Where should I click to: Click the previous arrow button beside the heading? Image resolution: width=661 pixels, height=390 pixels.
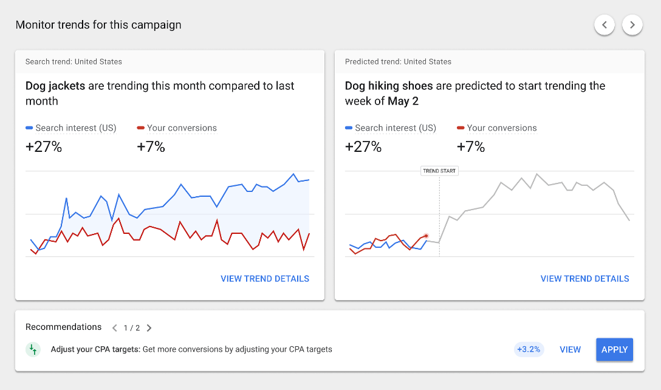[604, 25]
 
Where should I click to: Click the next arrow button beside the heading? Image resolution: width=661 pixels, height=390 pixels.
[632, 25]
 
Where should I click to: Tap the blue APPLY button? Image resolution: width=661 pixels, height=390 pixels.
[614, 349]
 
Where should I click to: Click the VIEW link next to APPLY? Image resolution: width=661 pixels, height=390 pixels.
[570, 349]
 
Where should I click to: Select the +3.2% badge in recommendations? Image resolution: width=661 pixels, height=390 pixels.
[529, 349]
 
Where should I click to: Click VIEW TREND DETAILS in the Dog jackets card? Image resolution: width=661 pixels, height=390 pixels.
[265, 279]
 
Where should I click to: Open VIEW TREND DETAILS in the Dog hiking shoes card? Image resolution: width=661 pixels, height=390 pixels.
[584, 279]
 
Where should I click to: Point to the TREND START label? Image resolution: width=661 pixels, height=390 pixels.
[439, 171]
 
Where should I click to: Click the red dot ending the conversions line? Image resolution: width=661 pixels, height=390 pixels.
[426, 236]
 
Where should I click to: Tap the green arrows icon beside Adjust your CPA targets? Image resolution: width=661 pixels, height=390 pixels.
[33, 349]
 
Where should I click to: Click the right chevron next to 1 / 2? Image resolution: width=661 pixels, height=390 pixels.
[149, 328]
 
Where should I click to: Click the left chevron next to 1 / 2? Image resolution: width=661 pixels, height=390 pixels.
[114, 328]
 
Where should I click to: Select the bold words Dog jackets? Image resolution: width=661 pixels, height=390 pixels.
[55, 86]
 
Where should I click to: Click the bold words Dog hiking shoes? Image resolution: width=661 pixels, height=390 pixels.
[389, 86]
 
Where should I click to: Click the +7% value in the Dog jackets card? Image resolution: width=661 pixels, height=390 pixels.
[151, 146]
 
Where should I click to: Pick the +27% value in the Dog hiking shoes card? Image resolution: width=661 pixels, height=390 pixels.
[363, 146]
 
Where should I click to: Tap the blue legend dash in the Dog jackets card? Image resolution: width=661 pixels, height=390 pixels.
[29, 128]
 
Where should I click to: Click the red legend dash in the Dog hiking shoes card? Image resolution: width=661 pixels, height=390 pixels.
[460, 128]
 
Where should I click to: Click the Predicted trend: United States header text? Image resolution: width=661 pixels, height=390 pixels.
[398, 61]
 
